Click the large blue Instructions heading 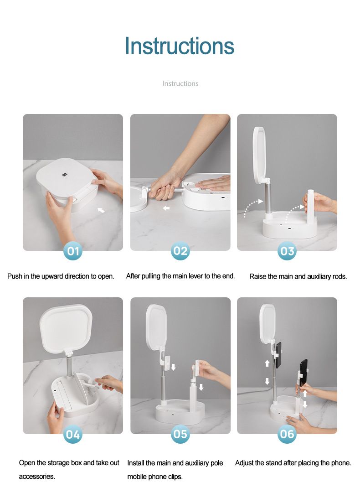(x=180, y=46)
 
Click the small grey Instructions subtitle (x=180, y=83)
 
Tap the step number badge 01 (x=73, y=251)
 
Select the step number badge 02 (x=180, y=251)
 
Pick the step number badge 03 (x=287, y=251)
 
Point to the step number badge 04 (x=73, y=434)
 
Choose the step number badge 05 (x=180, y=434)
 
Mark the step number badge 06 (x=287, y=434)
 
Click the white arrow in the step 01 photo (x=101, y=210)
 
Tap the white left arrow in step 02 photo (x=166, y=208)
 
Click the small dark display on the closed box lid (x=64, y=175)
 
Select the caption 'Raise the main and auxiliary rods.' (x=298, y=276)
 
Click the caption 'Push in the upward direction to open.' (x=61, y=276)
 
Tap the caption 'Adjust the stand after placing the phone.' (x=293, y=463)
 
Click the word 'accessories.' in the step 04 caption (x=37, y=477)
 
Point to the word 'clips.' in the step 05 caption (x=175, y=477)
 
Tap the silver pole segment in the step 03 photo (x=268, y=196)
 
